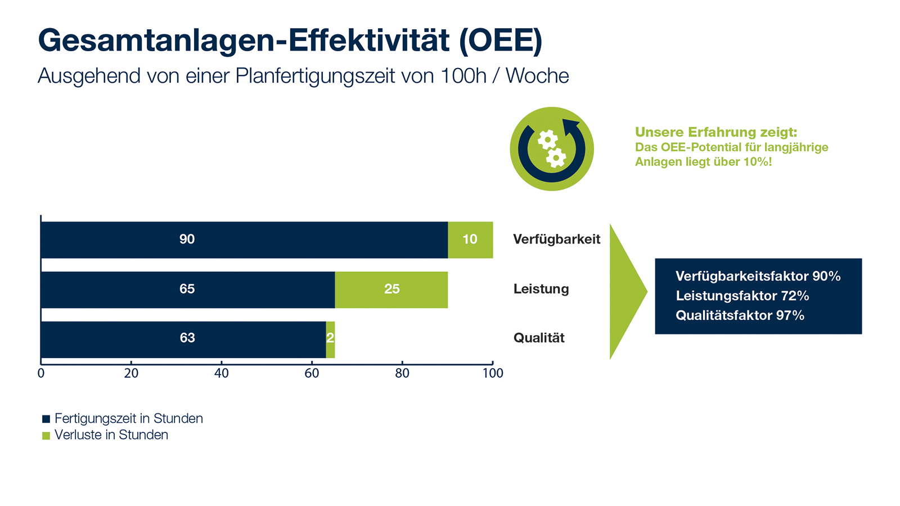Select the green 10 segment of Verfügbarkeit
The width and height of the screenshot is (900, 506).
[x=470, y=240]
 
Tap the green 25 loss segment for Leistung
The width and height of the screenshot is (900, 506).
[x=391, y=290]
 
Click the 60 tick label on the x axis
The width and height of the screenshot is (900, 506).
[x=312, y=373]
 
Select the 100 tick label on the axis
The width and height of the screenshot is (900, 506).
[x=493, y=373]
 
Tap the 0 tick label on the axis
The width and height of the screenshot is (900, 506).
[x=41, y=373]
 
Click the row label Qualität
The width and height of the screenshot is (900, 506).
[x=539, y=338]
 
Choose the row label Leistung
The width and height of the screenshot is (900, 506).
[x=541, y=289]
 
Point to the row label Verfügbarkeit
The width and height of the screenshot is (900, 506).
[x=556, y=240]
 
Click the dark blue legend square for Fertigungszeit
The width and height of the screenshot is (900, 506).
[x=46, y=419]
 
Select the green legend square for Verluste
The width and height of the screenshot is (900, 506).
[x=46, y=436]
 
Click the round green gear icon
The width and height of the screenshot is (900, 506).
[x=552, y=149]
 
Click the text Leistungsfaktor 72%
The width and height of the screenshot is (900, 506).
[x=742, y=296]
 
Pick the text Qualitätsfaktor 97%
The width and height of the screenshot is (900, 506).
[x=740, y=315]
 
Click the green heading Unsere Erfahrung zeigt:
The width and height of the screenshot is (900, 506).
[x=715, y=132]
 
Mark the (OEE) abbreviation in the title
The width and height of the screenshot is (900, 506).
[x=501, y=40]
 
